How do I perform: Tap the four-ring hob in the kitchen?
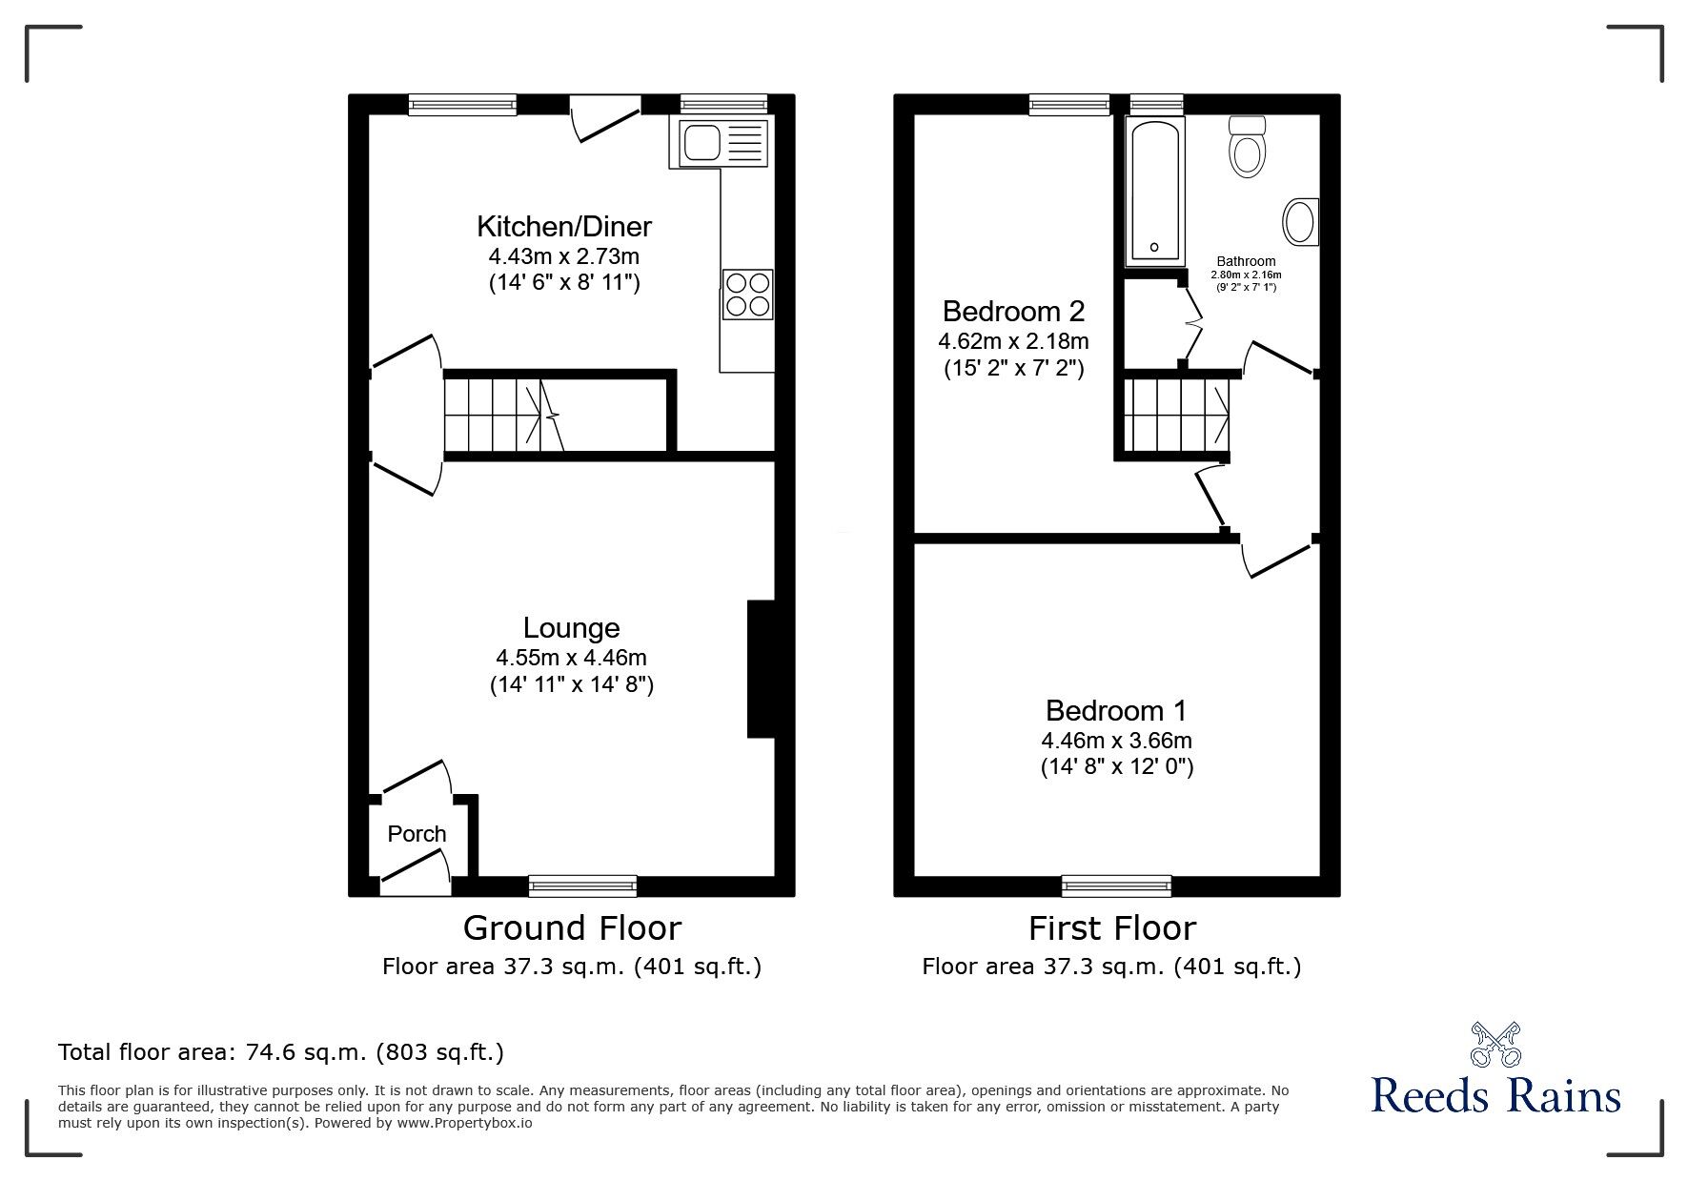coord(748,294)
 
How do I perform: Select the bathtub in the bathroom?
coord(1154,192)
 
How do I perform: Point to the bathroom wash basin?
coord(1300,221)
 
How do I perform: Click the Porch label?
coord(417,834)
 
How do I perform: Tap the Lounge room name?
coord(571,627)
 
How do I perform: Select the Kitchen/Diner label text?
coord(563,226)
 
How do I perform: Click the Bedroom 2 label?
coord(1013,311)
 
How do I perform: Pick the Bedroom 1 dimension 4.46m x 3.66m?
coord(1116,741)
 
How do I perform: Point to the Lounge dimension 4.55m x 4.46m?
coord(571,658)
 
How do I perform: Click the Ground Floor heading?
coord(572,927)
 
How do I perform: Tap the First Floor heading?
coord(1111,927)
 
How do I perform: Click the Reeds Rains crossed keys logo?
coord(1496,1045)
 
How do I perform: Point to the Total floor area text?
coord(280,1052)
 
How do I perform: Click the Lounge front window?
coord(582,886)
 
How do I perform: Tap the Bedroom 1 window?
coord(1116,886)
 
